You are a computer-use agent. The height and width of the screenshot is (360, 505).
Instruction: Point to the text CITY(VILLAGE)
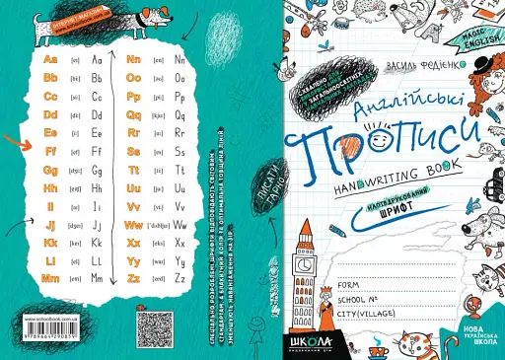coord(366,315)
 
